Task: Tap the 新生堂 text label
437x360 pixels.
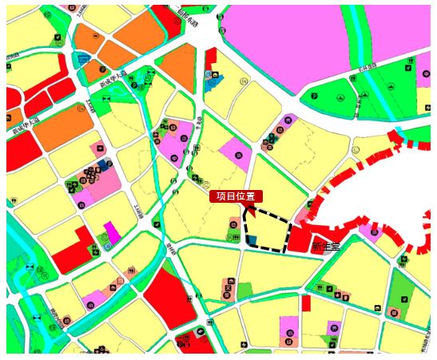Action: (325, 247)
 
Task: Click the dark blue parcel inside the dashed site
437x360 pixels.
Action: (252, 240)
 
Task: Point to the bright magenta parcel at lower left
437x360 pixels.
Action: (112, 232)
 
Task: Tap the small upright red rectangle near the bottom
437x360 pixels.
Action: (306, 303)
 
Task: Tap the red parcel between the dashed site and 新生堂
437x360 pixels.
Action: (299, 240)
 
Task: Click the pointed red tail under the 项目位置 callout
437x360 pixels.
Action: (251, 210)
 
